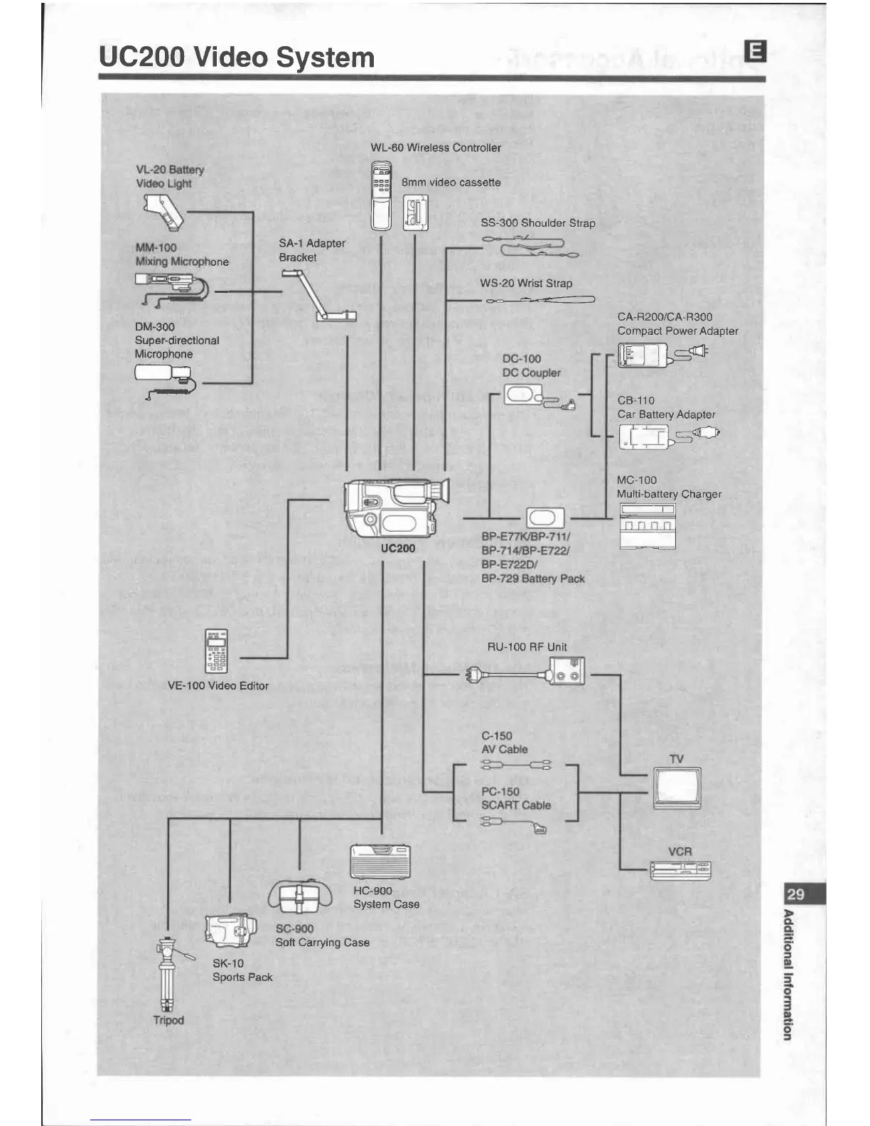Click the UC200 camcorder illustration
[x=394, y=508]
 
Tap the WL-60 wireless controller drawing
[x=382, y=195]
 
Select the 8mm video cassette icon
[x=416, y=213]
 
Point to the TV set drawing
[x=677, y=788]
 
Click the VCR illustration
[x=680, y=869]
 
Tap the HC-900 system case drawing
[x=381, y=862]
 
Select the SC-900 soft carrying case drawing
[x=300, y=896]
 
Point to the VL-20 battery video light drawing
[x=163, y=211]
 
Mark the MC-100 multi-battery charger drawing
[x=647, y=526]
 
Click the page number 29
[x=796, y=894]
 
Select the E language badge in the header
[x=755, y=51]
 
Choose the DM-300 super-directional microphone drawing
[x=163, y=376]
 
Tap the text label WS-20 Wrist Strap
[x=526, y=283]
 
